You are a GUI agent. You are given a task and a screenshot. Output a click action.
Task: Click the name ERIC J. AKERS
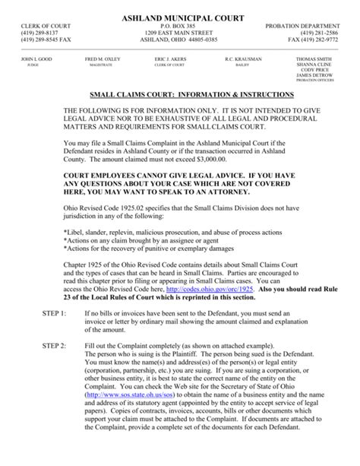[x=169, y=59]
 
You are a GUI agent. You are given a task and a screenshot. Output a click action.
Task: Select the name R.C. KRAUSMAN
[x=239, y=59]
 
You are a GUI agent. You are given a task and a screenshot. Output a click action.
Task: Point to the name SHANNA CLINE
[x=313, y=65]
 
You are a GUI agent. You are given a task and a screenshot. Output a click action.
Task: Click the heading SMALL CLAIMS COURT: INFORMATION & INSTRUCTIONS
[x=181, y=95]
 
